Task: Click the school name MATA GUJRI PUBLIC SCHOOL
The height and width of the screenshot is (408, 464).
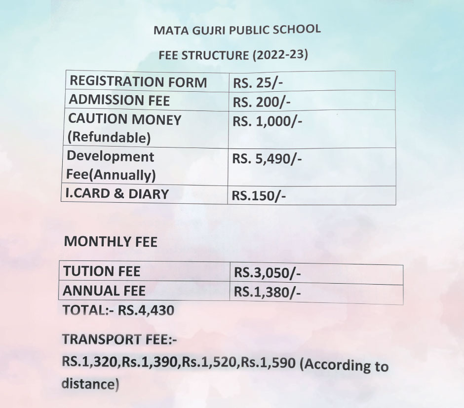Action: click(237, 29)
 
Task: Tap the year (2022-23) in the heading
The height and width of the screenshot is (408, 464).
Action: click(280, 54)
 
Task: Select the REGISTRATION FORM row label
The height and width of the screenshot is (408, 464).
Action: click(138, 82)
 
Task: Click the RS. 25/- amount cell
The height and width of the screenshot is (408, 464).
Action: click(256, 83)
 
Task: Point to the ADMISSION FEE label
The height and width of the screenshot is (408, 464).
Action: click(119, 101)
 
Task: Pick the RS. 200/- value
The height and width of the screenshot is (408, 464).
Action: click(262, 102)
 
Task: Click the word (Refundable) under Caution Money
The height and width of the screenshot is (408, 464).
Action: click(109, 138)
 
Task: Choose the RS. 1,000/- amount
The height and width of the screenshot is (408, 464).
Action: click(267, 122)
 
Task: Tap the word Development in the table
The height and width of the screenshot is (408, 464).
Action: click(111, 157)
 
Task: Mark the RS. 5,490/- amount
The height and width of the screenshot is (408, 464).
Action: click(267, 159)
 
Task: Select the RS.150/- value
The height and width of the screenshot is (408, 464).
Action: click(259, 196)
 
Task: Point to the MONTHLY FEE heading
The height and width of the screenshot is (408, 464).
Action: click(111, 242)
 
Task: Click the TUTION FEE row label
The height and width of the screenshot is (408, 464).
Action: click(102, 271)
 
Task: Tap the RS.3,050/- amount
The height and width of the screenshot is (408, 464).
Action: click(267, 273)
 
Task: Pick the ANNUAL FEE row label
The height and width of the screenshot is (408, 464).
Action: click(104, 291)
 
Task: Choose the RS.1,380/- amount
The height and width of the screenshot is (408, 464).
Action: click(267, 293)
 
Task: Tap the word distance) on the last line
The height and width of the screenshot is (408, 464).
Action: click(90, 383)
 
